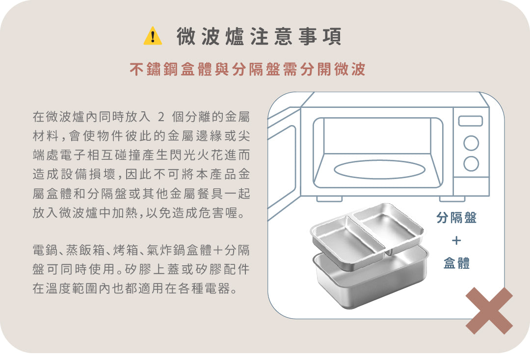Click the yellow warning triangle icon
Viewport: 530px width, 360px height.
pyautogui.click(x=153, y=36)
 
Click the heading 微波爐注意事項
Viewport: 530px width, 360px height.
pyautogui.click(x=259, y=36)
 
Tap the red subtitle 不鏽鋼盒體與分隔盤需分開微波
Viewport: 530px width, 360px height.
pyautogui.click(x=247, y=69)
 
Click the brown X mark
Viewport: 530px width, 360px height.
pyautogui.click(x=489, y=310)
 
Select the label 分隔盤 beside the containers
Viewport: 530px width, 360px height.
pyautogui.click(x=456, y=217)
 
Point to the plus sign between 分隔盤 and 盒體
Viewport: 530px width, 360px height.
pyautogui.click(x=456, y=240)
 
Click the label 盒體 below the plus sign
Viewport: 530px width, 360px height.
pyautogui.click(x=456, y=263)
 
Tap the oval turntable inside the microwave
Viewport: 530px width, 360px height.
pyautogui.click(x=379, y=170)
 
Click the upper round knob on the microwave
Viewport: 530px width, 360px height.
pyautogui.click(x=471, y=143)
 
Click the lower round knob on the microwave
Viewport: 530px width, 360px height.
pyautogui.click(x=471, y=164)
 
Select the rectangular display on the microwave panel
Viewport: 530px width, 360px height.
pyautogui.click(x=471, y=121)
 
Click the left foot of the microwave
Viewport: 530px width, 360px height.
pyautogui.click(x=330, y=199)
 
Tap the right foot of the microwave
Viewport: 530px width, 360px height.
pyautogui.click(x=452, y=199)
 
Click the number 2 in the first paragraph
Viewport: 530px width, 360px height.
pyautogui.click(x=161, y=117)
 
